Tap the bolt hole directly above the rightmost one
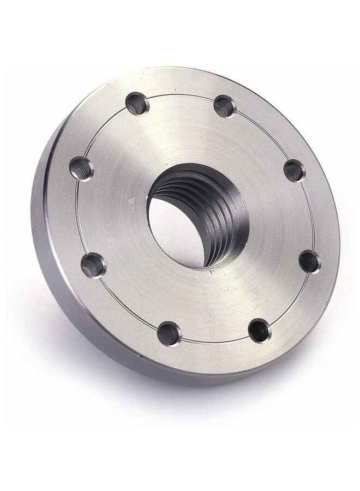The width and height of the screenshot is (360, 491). (x=295, y=170)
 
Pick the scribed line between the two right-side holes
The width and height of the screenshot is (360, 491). (x=311, y=215)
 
